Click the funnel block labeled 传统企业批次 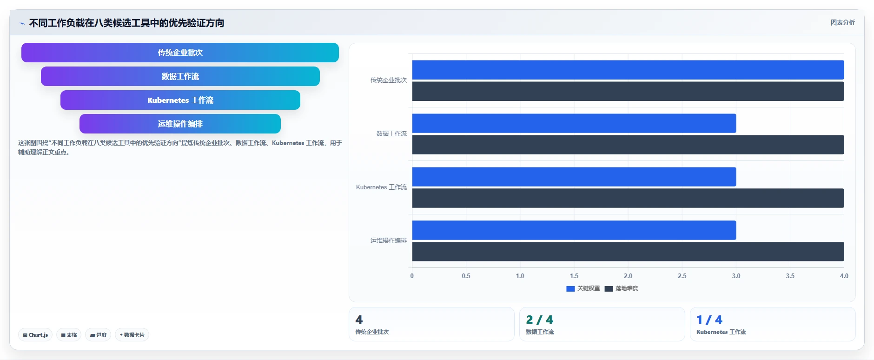click(x=180, y=53)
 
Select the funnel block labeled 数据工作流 click(x=180, y=76)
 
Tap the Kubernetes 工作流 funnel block click(x=180, y=100)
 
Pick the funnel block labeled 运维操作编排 click(x=180, y=124)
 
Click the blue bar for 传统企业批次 click(x=628, y=70)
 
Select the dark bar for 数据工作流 click(x=628, y=145)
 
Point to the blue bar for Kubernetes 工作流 click(x=574, y=177)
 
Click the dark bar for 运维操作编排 click(x=628, y=252)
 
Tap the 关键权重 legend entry click(x=583, y=288)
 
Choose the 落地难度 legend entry click(x=622, y=288)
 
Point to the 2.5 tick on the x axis click(x=682, y=276)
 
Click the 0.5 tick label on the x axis click(x=466, y=276)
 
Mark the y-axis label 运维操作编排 click(x=389, y=240)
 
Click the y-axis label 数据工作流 click(x=391, y=133)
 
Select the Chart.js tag click(x=35, y=335)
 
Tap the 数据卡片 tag click(x=132, y=335)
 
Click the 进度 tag click(x=98, y=335)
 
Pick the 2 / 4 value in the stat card click(x=539, y=320)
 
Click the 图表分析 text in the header click(x=842, y=22)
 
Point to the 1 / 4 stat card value click(x=709, y=320)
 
